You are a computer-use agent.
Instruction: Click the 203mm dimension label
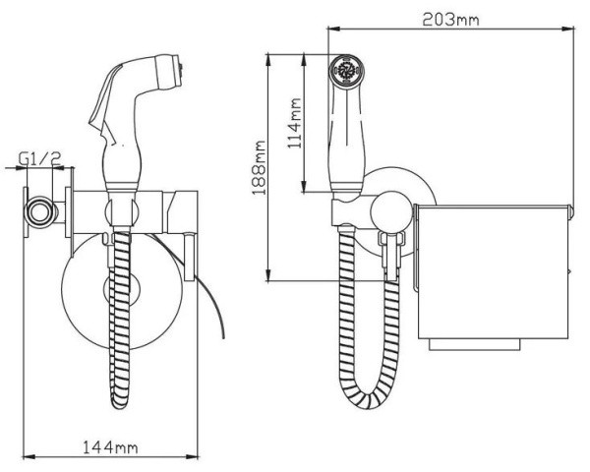450,19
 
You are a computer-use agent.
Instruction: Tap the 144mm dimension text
110,447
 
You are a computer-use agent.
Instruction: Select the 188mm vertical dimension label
259,168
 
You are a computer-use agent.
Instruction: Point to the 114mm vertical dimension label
295,124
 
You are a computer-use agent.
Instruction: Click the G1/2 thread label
40,158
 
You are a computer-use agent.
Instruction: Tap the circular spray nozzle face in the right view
345,70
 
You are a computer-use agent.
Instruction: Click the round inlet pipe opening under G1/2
39,212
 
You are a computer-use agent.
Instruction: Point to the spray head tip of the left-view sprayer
171,72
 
